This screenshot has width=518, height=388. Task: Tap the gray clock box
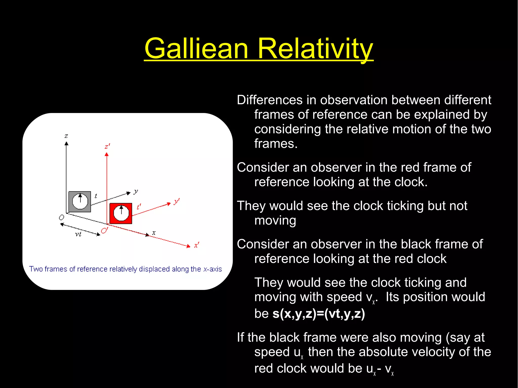[80, 201]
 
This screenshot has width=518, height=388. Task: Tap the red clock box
[121, 213]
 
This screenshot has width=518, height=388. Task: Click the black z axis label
[66, 136]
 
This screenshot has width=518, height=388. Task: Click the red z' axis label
[107, 146]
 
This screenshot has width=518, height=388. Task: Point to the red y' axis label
[177, 201]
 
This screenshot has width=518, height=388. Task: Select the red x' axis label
[197, 245]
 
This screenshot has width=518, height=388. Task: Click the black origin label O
[61, 217]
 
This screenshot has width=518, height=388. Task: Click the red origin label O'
[104, 231]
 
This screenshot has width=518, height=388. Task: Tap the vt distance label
[78, 234]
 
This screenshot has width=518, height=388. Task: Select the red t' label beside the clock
[139, 207]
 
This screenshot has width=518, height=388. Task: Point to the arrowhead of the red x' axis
[188, 246]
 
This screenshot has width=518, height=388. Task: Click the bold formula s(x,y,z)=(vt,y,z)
[319, 313]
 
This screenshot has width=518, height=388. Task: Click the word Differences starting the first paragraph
[270, 100]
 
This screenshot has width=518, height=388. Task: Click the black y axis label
[136, 191]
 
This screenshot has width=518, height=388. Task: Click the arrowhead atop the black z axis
[66, 143]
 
